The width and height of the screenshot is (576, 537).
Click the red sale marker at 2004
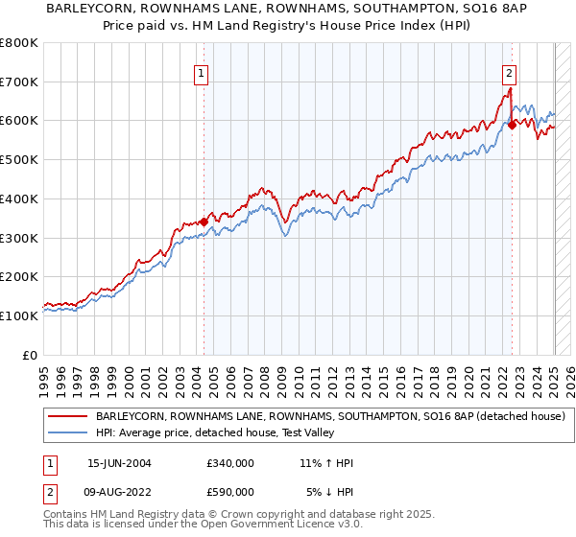click(204, 222)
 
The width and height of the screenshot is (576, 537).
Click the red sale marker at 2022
click(512, 124)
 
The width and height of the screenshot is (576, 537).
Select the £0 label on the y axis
click(31, 355)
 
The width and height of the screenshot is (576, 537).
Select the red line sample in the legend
click(67, 417)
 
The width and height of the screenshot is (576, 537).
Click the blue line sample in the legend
click(67, 433)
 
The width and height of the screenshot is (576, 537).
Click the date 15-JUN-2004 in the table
click(119, 463)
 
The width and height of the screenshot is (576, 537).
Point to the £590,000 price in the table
click(230, 492)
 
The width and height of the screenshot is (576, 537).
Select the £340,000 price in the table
click(230, 463)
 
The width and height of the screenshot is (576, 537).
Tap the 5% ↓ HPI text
click(330, 492)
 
